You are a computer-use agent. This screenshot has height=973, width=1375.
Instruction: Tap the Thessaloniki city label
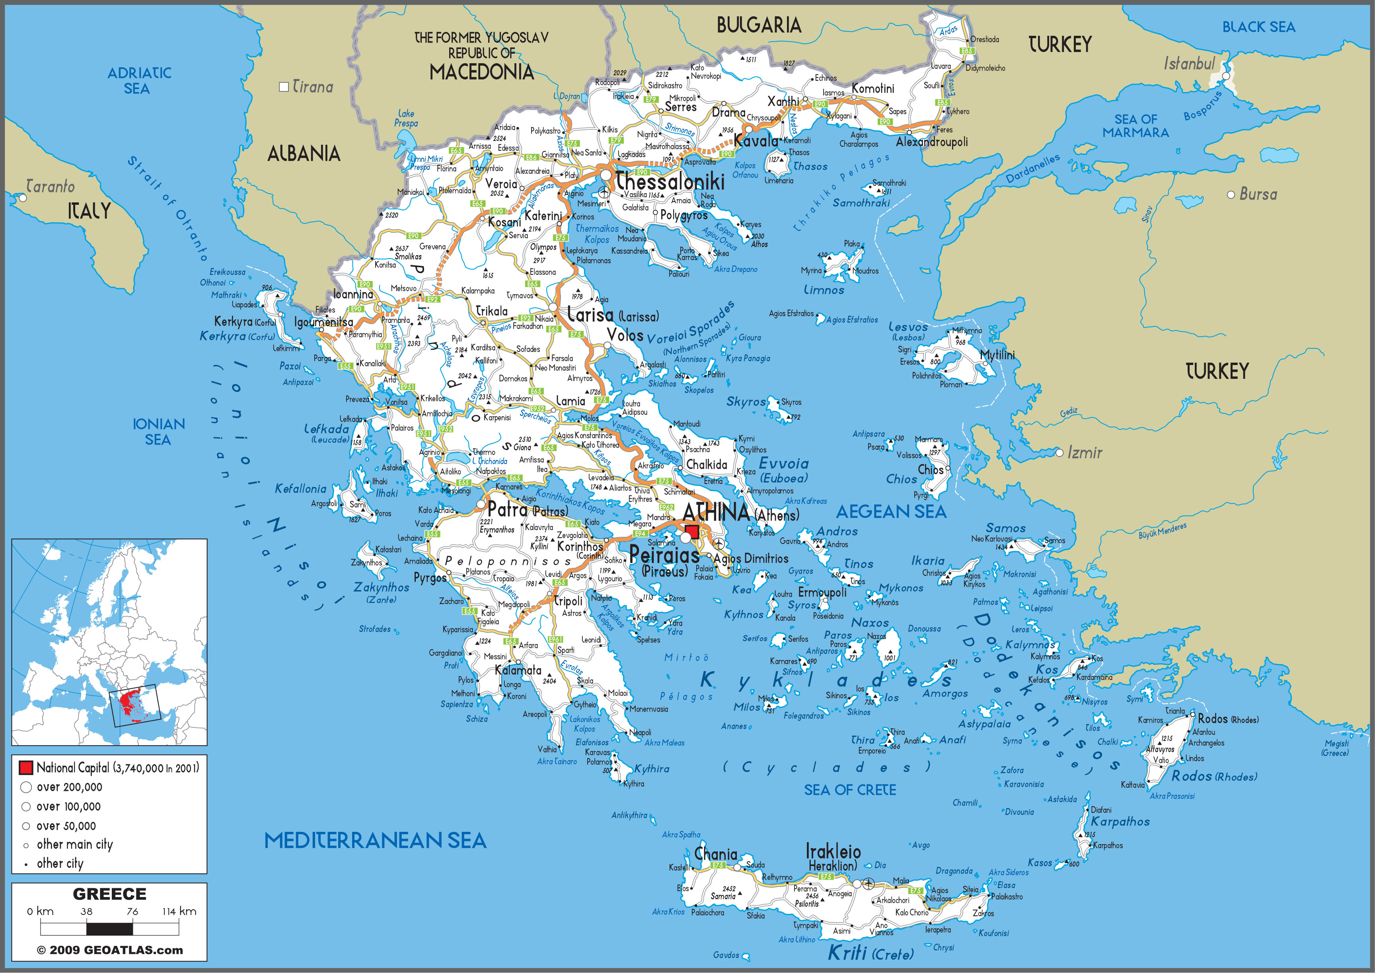point(670,181)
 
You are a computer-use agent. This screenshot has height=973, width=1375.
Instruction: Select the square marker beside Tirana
point(284,87)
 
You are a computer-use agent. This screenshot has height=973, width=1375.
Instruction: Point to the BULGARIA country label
point(758,25)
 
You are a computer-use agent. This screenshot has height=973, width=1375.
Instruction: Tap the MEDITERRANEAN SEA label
point(375,841)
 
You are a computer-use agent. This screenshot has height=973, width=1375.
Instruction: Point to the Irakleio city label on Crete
point(833,851)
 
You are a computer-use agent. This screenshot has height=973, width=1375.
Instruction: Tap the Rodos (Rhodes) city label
point(1227,719)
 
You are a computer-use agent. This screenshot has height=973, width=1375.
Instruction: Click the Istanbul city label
point(1189,63)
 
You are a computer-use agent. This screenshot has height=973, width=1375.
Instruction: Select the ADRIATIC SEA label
point(139,80)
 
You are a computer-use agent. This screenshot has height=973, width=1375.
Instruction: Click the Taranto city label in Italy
point(51,186)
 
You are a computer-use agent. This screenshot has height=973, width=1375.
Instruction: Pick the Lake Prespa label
point(406,118)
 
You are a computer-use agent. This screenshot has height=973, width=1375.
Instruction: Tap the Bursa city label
point(1258,194)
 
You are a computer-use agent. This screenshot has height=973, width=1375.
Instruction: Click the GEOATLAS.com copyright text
point(110,950)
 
